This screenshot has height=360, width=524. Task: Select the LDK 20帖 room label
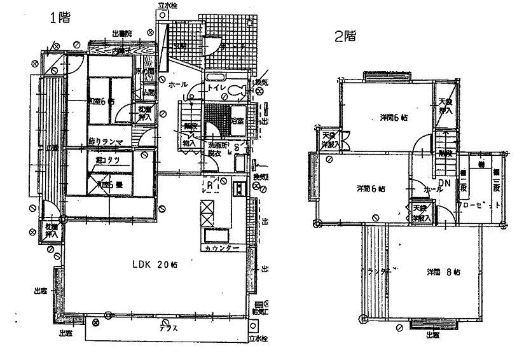tap(155, 265)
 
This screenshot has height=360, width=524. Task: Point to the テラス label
tap(168, 329)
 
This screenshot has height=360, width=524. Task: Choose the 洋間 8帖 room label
tap(444, 272)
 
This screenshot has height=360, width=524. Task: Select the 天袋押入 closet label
tap(446, 106)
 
